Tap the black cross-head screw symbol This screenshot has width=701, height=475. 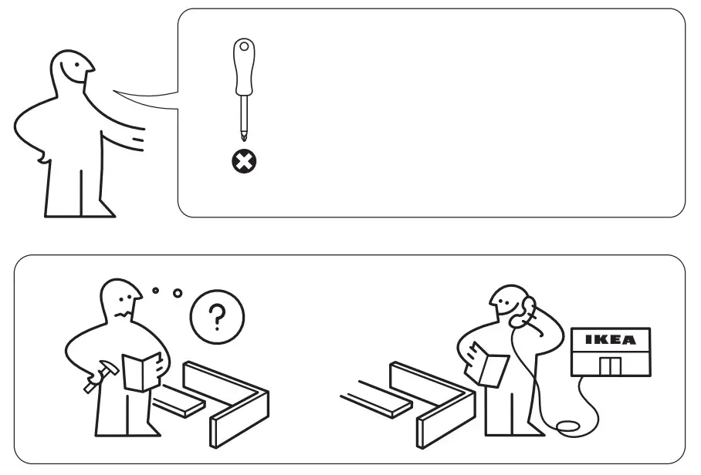(x=246, y=161)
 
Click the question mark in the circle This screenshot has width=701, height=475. (x=218, y=315)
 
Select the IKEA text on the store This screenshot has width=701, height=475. (x=610, y=339)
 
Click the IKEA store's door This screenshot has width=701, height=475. (x=610, y=365)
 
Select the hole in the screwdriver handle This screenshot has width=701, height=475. (x=245, y=47)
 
